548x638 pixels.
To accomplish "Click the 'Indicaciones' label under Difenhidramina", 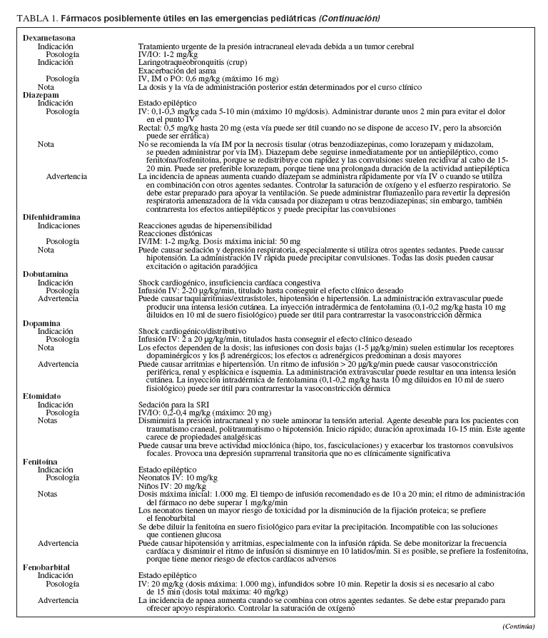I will coord(59,225).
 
